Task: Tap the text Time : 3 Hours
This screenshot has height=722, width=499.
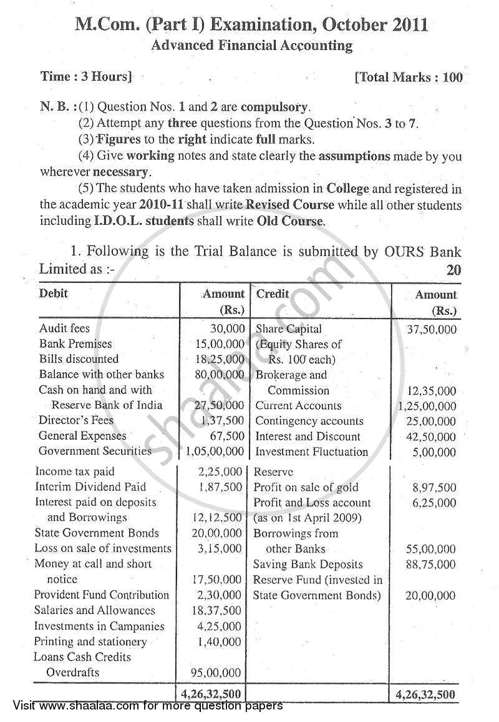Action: [x=86, y=77]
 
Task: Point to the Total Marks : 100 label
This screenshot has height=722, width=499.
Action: [x=409, y=77]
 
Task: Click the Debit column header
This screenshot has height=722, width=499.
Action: [x=54, y=293]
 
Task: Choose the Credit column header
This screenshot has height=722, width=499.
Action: [x=273, y=294]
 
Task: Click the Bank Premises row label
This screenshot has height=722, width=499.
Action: [x=75, y=344]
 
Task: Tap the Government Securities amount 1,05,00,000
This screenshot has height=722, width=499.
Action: [x=213, y=451]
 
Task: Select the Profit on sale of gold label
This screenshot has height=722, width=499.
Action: [x=306, y=487]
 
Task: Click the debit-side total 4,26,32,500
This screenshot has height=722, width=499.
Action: [x=212, y=694]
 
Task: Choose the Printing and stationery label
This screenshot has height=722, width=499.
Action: [x=90, y=641]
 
